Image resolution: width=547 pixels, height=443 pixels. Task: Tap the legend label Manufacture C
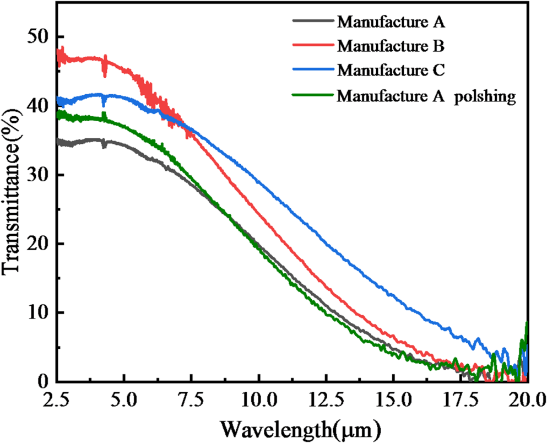[x=391, y=71]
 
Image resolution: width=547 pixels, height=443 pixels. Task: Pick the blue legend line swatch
[x=312, y=71]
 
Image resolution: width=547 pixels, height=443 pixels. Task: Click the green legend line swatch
[x=312, y=96]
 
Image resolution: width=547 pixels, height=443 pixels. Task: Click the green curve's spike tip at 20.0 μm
[x=527, y=322]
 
